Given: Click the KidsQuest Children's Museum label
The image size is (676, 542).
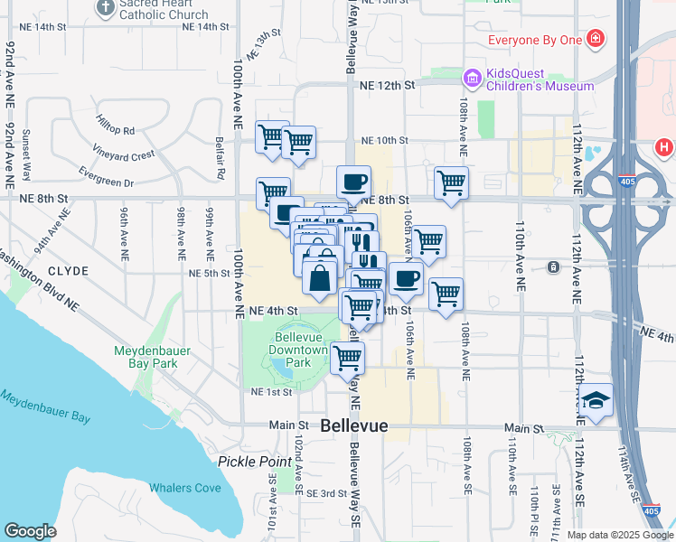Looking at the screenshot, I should [x=540, y=79].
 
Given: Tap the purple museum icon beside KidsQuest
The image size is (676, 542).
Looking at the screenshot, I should [x=471, y=79].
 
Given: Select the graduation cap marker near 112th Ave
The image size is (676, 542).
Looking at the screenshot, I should [x=596, y=399].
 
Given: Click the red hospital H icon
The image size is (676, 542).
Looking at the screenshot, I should [x=664, y=146].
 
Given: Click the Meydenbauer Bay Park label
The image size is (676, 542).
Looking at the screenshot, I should [x=146, y=357].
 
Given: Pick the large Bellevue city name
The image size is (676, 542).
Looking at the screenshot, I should [x=354, y=425].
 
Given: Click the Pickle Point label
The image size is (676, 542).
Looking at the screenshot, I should [x=251, y=461].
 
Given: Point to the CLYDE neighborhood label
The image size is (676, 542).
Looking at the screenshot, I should [x=69, y=271].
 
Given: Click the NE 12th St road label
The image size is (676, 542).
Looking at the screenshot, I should [x=386, y=85].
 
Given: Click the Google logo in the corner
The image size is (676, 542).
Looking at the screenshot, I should [x=30, y=531].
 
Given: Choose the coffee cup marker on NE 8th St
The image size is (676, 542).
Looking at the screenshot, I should [x=353, y=182].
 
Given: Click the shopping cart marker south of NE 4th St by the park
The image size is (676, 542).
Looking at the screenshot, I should [x=347, y=358].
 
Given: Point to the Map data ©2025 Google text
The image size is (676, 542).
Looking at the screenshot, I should [x=620, y=535].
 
